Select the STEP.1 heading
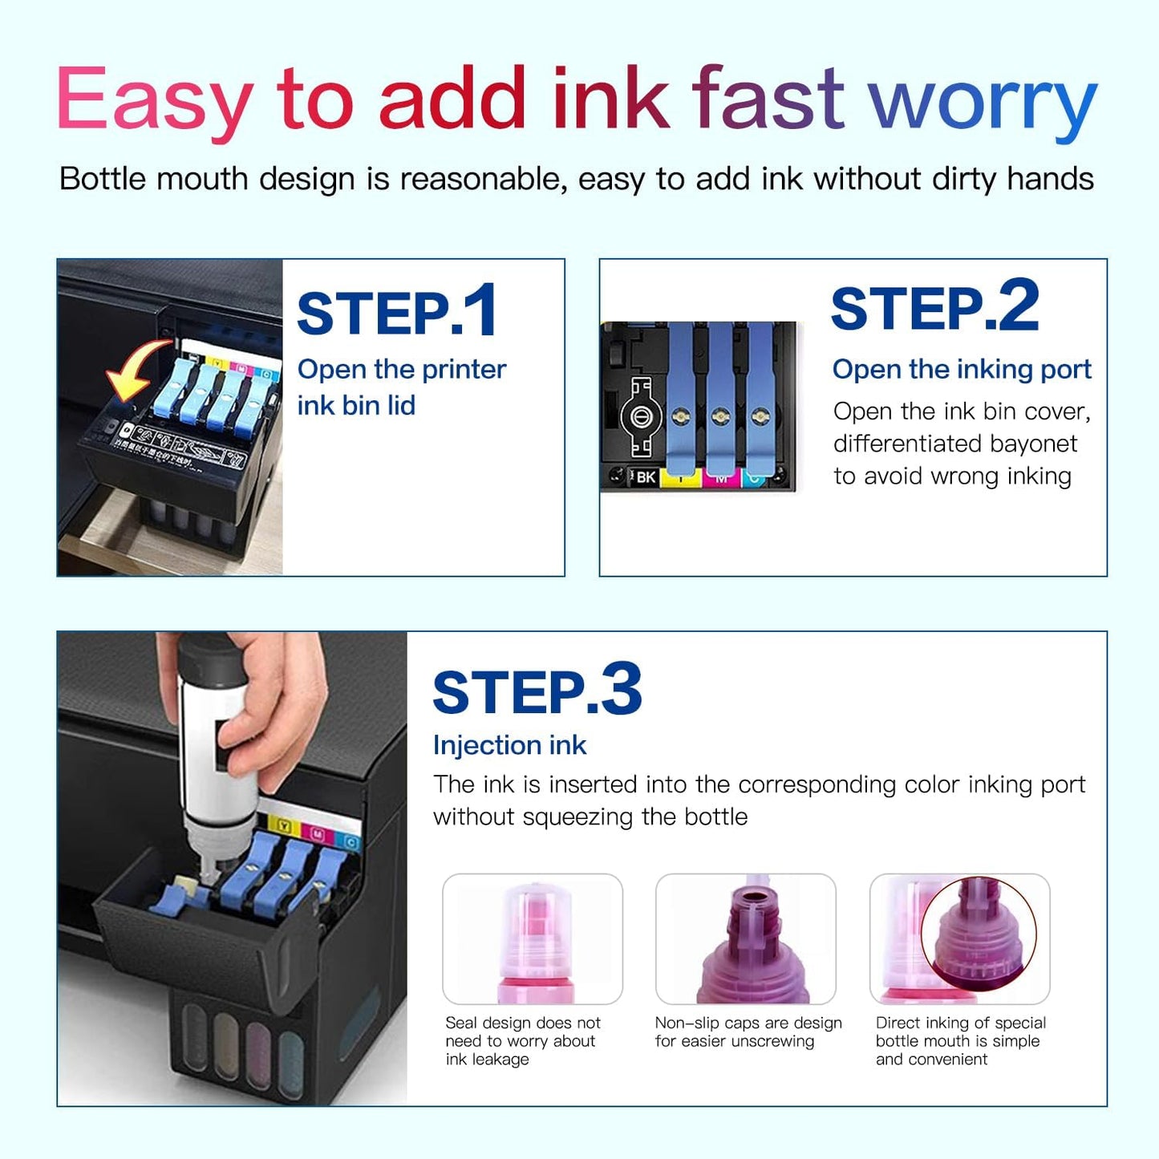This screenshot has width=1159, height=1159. click(x=397, y=312)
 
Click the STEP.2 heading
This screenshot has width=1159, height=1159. click(x=934, y=306)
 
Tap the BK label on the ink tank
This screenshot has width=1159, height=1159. click(x=645, y=477)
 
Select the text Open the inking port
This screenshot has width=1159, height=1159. click(x=961, y=369)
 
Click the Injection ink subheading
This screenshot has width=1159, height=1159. click(x=509, y=745)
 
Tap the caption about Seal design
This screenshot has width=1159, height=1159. click(x=523, y=1040)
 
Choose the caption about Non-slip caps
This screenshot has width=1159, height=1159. click(x=748, y=1031)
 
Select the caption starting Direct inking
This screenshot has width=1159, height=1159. click(x=960, y=1040)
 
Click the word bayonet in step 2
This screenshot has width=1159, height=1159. click(x=1035, y=444)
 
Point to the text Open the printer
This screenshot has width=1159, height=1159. click(x=401, y=369)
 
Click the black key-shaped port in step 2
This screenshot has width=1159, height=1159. click(x=640, y=417)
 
